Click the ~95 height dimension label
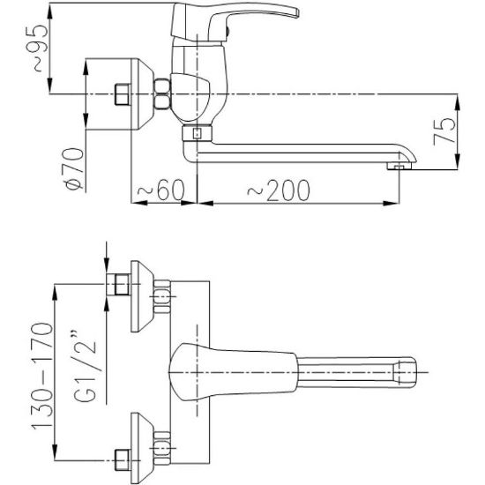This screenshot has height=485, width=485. (37, 48)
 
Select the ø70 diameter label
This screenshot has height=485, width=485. (73, 168)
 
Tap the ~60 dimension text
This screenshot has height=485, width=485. (160, 190)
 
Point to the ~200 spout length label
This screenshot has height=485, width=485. (279, 190)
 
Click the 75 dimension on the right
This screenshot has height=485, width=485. (444, 131)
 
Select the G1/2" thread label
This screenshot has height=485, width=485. (84, 367)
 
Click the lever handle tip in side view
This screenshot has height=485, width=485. (295, 13)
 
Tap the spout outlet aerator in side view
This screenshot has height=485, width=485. (399, 167)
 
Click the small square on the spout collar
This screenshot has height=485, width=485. (197, 133)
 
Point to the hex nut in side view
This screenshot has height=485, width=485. (162, 93)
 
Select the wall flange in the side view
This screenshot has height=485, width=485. (142, 93)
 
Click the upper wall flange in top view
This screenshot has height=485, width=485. (142, 296)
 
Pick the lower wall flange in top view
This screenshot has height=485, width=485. (142, 448)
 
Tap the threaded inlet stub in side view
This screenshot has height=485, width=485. (123, 94)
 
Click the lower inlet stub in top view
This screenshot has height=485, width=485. (123, 459)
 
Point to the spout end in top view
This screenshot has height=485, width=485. (405, 372)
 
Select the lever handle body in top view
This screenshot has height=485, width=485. (233, 372)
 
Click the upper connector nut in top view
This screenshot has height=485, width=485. (162, 296)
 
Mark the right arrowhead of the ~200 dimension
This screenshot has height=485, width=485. (391, 203)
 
